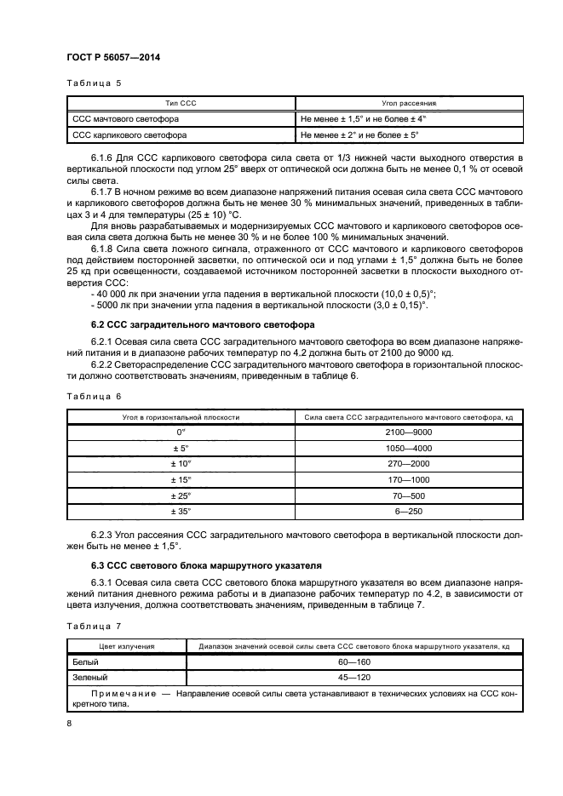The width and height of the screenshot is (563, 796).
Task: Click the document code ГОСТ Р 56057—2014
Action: tap(112, 57)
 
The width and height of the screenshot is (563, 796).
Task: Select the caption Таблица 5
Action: tap(94, 83)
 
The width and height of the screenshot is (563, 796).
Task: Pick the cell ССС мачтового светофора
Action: tap(125, 119)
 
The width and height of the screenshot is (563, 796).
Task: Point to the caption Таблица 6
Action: tap(94, 397)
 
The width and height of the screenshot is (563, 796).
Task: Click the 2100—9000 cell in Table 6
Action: tap(408, 432)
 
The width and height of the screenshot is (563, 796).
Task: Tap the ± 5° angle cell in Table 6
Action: tap(181, 448)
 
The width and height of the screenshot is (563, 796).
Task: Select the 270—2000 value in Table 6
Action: tap(408, 464)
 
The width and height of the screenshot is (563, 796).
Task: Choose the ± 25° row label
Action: tap(181, 495)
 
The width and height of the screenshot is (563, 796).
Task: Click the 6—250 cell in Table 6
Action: tap(408, 511)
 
